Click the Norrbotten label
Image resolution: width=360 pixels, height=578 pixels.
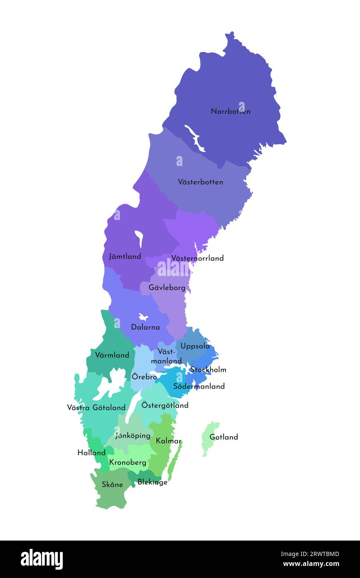(230, 111)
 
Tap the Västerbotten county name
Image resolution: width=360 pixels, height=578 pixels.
(200, 182)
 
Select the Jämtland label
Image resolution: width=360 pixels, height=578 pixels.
(125, 257)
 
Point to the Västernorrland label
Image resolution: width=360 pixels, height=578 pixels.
(197, 258)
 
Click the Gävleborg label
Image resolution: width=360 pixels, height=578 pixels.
(167, 288)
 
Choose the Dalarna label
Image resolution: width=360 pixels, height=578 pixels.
(145, 327)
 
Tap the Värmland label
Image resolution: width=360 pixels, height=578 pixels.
(112, 356)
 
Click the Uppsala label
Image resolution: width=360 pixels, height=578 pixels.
(195, 346)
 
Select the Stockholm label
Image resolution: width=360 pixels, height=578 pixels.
(208, 370)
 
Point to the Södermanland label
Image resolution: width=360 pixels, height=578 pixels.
(199, 386)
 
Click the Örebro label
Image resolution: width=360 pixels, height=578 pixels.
(144, 377)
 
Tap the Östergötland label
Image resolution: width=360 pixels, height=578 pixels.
(165, 405)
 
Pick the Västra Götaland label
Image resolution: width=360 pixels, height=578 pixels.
(96, 408)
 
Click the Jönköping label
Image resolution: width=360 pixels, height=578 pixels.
(133, 436)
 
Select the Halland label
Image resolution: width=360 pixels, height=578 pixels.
(91, 453)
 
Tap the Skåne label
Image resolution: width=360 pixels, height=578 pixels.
(112, 485)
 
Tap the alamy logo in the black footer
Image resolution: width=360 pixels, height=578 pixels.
(42, 559)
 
